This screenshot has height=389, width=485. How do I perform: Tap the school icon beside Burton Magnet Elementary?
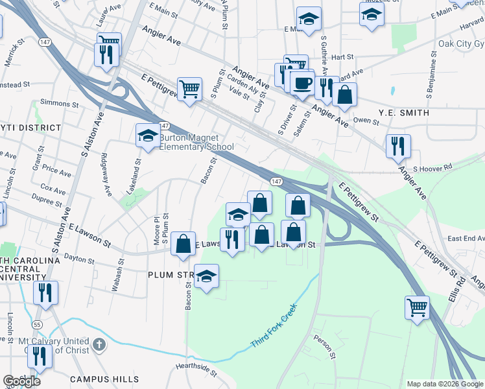(148, 137)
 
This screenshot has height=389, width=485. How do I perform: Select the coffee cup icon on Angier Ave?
(302, 83)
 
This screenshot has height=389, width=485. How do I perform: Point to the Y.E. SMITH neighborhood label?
(402, 113)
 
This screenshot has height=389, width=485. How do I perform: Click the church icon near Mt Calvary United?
(99, 344)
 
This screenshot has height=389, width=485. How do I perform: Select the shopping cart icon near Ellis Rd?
(417, 307)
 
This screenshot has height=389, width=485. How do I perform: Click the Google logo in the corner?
(21, 381)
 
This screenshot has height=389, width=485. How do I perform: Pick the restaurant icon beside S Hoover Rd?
(398, 147)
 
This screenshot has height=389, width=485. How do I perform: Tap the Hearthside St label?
(196, 369)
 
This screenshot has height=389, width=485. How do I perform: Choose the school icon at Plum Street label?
(207, 277)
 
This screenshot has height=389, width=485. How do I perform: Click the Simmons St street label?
(54, 102)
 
